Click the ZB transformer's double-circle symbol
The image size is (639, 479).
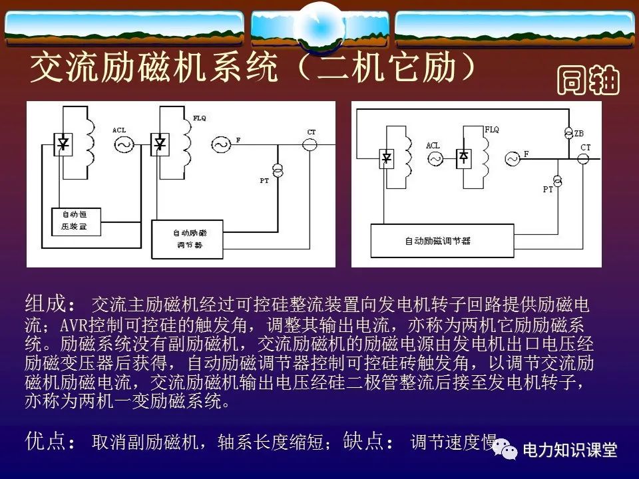click(568, 133)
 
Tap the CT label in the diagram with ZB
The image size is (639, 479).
click(585, 148)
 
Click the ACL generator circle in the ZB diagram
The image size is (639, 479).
click(435, 158)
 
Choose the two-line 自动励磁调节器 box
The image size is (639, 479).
click(190, 239)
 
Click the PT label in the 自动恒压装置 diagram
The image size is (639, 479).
click(264, 181)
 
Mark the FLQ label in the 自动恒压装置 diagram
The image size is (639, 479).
click(200, 118)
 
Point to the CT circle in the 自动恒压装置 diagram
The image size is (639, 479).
click(310, 144)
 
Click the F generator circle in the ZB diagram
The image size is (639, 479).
click(513, 158)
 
